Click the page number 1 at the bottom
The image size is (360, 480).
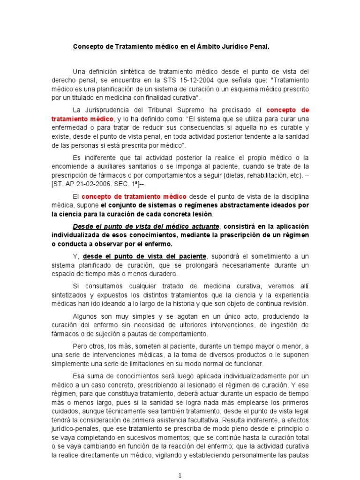point(180,475)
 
